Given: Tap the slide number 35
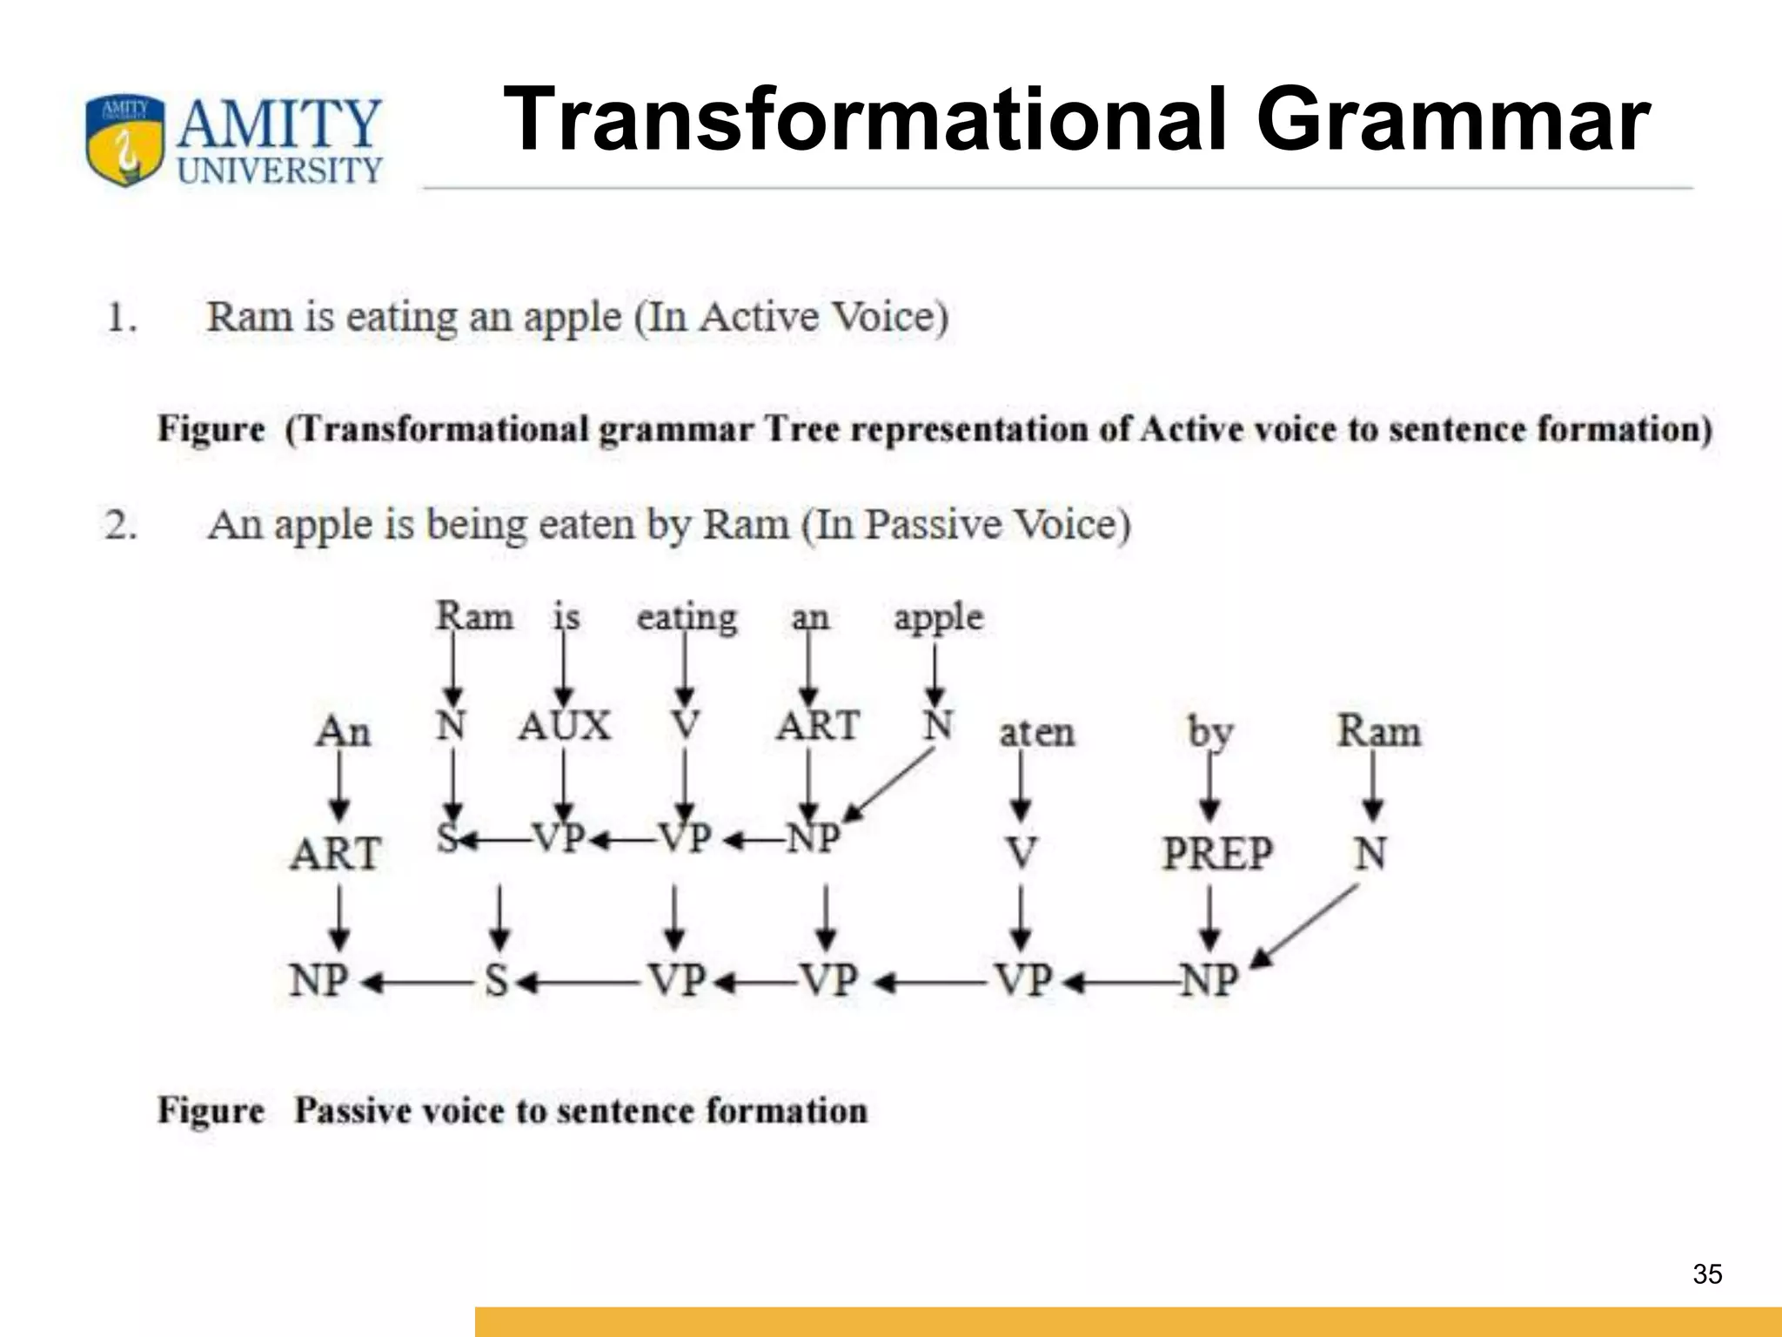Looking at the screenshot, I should click(1707, 1274).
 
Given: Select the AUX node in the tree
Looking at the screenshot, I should click(565, 726).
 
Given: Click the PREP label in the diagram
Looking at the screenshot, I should click(1217, 853).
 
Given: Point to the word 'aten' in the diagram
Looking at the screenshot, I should click(1036, 733).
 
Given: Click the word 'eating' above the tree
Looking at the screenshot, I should click(687, 618).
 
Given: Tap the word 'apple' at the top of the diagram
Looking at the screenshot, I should click(938, 618).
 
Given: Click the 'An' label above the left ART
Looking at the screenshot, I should click(343, 731).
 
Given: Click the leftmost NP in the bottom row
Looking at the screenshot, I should click(318, 981).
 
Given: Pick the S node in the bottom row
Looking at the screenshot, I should click(497, 981).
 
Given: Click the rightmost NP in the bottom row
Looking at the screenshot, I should click(1209, 981).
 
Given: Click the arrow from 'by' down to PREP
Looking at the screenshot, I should click(1209, 788).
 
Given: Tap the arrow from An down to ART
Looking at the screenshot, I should click(339, 786).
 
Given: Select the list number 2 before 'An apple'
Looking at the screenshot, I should click(120, 526).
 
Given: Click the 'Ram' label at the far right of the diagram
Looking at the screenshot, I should click(1378, 731).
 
